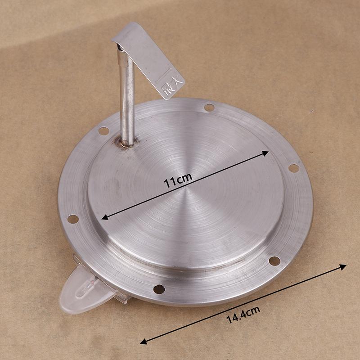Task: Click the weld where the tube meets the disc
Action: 127,144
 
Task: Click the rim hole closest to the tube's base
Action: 103,131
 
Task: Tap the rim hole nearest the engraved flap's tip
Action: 209,108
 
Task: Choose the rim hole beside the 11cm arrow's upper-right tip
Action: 293,168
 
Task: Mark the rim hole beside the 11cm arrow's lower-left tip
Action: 72,219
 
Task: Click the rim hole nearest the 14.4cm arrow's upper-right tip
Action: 274,261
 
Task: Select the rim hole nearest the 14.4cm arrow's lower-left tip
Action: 159,289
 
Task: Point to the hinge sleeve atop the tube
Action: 119,47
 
